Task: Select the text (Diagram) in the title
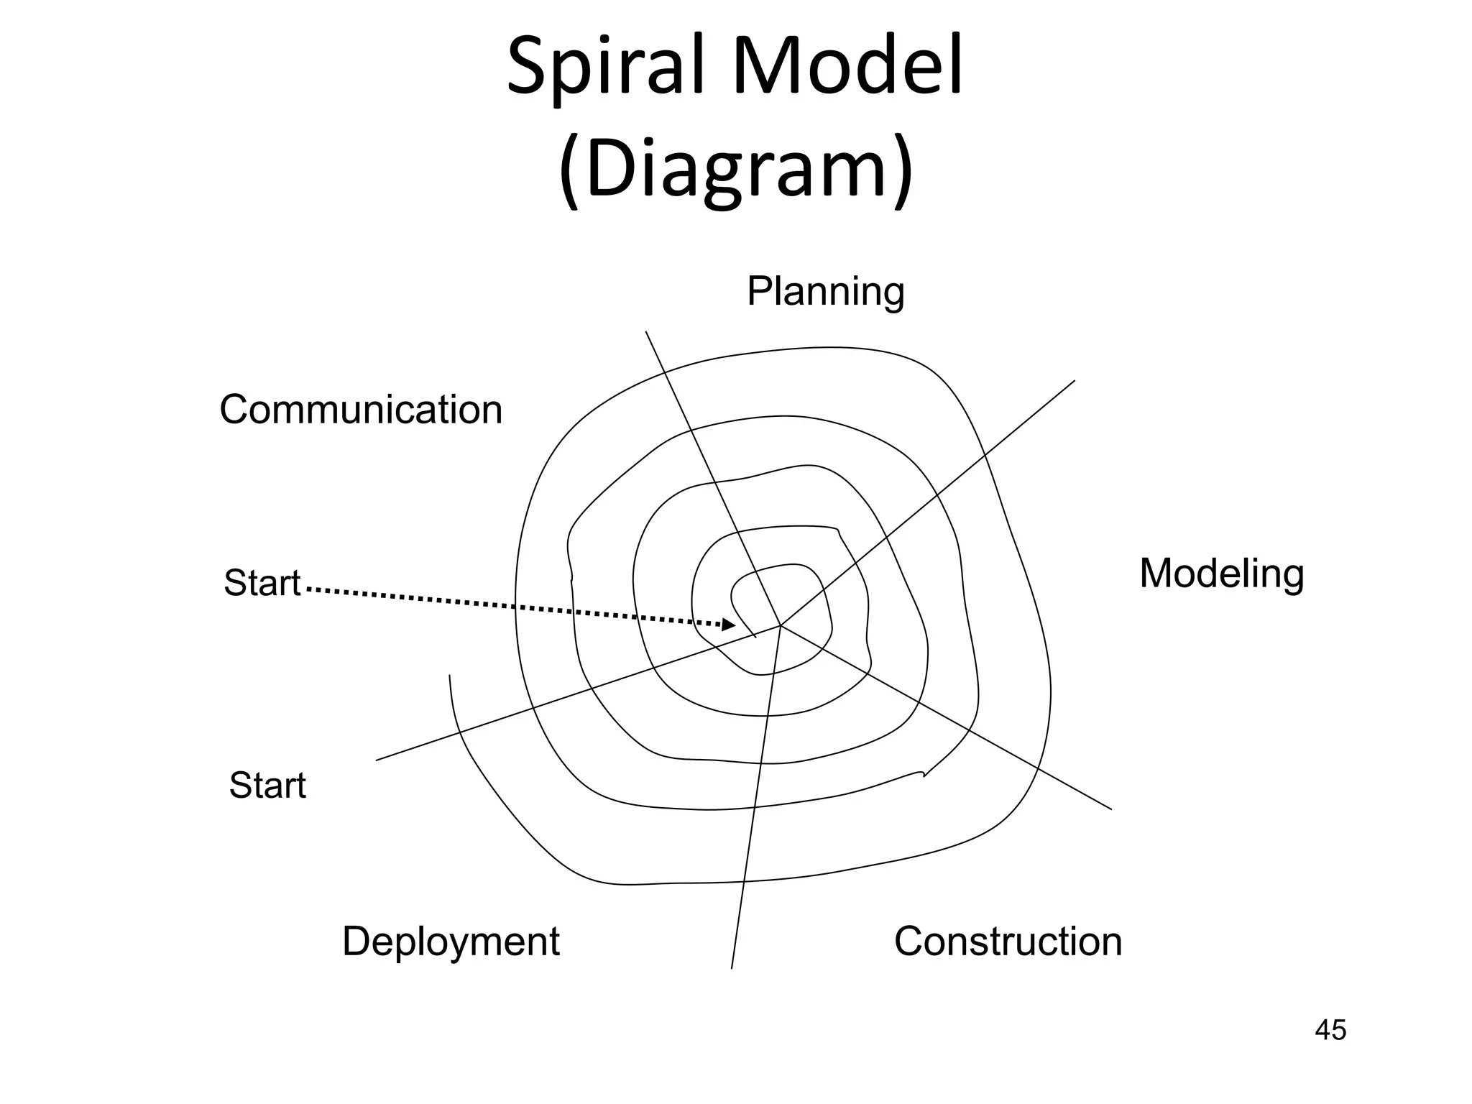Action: pyautogui.click(x=735, y=170)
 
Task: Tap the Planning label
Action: pyautogui.click(x=825, y=292)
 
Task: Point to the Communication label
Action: pyautogui.click(x=361, y=410)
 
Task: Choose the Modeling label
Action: pyautogui.click(x=1221, y=574)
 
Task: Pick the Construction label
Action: pyautogui.click(x=1008, y=941)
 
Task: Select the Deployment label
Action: pyautogui.click(x=451, y=941)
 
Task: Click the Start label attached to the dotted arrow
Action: pyautogui.click(x=262, y=583)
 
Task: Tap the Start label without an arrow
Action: pyautogui.click(x=267, y=785)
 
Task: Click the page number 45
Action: pyautogui.click(x=1330, y=1030)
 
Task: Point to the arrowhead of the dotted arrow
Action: pyautogui.click(x=728, y=625)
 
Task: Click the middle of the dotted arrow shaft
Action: pyautogui.click(x=514, y=607)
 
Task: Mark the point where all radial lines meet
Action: pyautogui.click(x=781, y=625)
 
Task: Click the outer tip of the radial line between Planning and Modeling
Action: pyautogui.click(x=1075, y=381)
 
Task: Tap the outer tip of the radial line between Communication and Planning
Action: pyautogui.click(x=646, y=331)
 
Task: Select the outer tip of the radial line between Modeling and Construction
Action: pyautogui.click(x=1111, y=809)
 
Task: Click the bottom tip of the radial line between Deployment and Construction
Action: pyautogui.click(x=732, y=968)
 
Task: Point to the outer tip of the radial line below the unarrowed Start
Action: pyautogui.click(x=377, y=760)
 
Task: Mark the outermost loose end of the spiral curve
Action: pyautogui.click(x=450, y=676)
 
